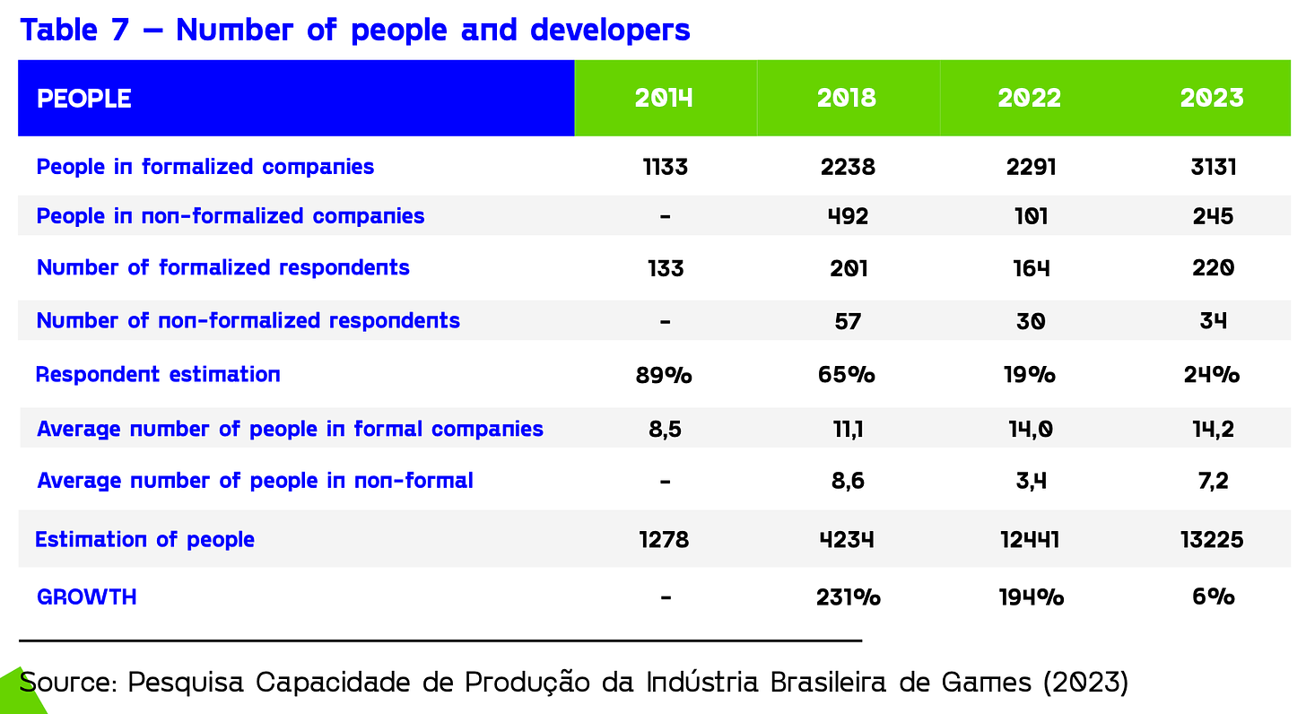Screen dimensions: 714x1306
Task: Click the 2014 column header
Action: [x=665, y=98]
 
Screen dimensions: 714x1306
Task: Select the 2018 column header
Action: [x=847, y=98]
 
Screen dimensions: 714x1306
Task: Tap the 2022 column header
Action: [x=1030, y=98]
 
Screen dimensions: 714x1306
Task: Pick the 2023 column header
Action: [x=1212, y=98]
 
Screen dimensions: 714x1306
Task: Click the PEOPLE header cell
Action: [x=84, y=99]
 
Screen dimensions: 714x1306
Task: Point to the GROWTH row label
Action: [x=86, y=596]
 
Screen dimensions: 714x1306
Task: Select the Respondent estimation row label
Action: [x=158, y=374]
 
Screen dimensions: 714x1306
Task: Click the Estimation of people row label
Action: [x=144, y=539]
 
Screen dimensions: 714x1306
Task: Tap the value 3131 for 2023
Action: [x=1212, y=167]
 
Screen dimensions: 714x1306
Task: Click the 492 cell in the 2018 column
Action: [x=848, y=216]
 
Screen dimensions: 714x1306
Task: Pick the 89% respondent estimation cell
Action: [x=664, y=374]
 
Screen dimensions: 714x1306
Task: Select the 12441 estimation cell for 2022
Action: [x=1029, y=539]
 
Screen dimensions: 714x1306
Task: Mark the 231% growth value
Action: [x=848, y=596]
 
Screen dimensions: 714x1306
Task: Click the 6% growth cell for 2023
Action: [x=1212, y=596]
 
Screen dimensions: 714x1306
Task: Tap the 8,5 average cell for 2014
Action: [x=665, y=429]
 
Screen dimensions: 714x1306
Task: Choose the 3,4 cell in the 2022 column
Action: [x=1030, y=481]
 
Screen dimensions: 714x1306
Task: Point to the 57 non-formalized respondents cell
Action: [x=848, y=320]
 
